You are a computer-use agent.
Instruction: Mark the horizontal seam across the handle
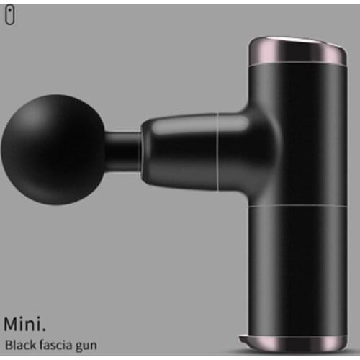point(292,204)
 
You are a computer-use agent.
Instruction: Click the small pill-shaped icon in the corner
point(9,17)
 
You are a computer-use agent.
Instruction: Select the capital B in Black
point(8,344)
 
